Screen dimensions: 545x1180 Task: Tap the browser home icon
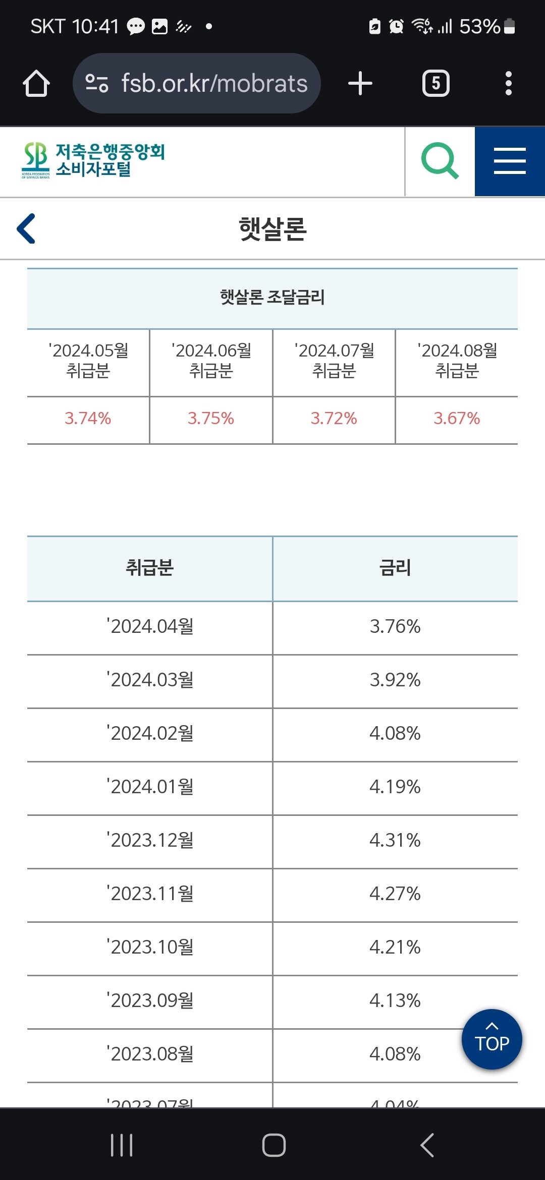[36, 83]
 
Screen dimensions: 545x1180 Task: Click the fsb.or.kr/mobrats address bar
[197, 83]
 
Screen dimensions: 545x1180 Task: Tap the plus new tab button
[360, 83]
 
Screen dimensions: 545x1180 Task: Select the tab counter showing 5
[436, 83]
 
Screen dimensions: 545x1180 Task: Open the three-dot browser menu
[509, 83]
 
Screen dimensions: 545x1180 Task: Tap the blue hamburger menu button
[510, 161]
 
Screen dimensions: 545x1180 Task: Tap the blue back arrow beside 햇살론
[26, 228]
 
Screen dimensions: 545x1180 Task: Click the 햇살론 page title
[272, 229]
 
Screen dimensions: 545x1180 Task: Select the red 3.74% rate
[88, 419]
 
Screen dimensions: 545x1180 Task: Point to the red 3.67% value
[457, 419]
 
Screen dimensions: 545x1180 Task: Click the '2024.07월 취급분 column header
[334, 361]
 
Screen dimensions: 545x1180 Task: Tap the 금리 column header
[395, 568]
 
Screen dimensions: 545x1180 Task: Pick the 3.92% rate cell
[395, 680]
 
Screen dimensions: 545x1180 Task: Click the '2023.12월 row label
[150, 840]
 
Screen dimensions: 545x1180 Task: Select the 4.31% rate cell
[395, 840]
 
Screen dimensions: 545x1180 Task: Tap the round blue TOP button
[492, 1039]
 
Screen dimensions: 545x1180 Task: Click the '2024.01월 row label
[150, 787]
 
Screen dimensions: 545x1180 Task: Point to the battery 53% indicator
[487, 26]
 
